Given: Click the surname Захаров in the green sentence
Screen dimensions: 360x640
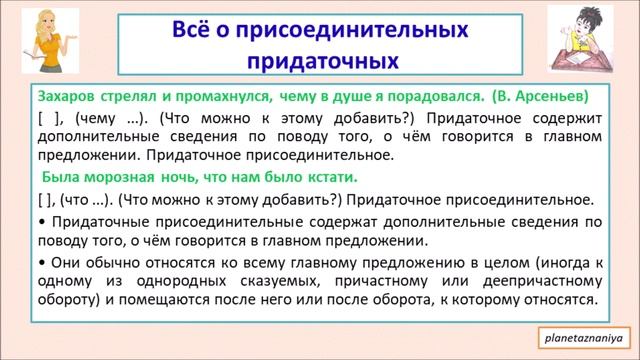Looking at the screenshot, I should [66, 98].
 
